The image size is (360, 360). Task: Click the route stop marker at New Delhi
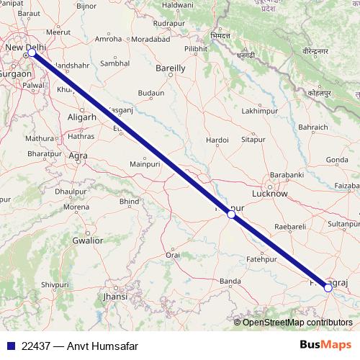pos(32,53)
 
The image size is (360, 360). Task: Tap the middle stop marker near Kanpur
pos(230,214)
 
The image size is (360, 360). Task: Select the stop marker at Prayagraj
pos(328,287)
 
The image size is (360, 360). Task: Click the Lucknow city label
pos(270,194)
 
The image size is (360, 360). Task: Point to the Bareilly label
pos(171,68)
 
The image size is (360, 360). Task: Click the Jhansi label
pos(115,296)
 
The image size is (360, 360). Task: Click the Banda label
pos(230,281)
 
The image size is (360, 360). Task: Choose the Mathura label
pos(39,138)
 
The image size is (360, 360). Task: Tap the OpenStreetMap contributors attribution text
pos(297,323)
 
